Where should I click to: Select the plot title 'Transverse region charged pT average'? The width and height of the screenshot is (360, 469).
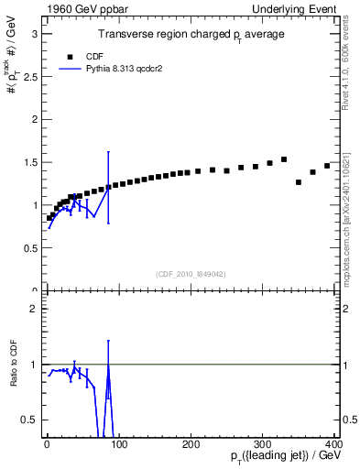191,35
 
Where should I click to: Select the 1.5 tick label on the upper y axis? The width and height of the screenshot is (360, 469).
29,162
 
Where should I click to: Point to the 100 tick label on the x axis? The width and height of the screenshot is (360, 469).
118,443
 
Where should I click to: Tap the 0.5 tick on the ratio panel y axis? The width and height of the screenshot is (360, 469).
29,420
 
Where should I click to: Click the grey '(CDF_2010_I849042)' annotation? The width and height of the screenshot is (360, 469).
190,274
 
